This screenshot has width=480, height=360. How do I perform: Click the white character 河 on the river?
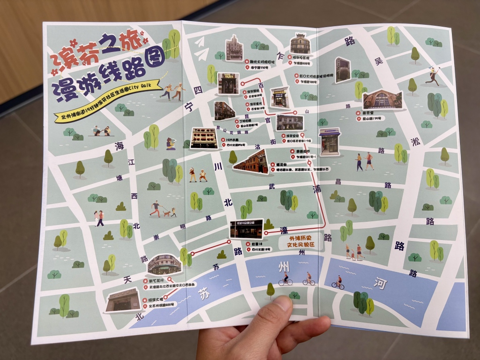pyautogui.click(x=379, y=283)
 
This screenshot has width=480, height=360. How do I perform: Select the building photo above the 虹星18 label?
pyautogui.click(x=246, y=229)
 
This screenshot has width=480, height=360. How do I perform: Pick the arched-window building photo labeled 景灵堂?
pyautogui.click(x=382, y=100)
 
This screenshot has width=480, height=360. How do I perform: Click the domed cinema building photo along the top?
pyautogui.click(x=300, y=44)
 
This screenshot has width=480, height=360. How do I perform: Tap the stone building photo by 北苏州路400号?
pyautogui.click(x=121, y=300)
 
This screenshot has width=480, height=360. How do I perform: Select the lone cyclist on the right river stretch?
pyautogui.click(x=338, y=282)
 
